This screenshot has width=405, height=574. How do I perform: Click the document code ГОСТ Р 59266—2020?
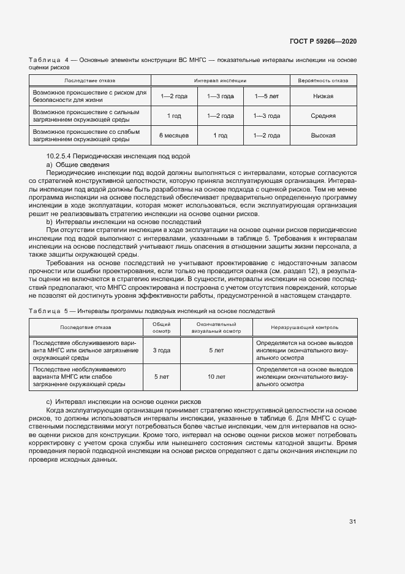[323, 41]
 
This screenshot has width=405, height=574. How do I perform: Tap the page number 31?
[352, 522]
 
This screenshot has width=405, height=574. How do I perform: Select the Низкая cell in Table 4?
[323, 96]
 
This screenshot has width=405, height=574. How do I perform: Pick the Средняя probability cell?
[323, 115]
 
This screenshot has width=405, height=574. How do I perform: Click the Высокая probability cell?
[323, 135]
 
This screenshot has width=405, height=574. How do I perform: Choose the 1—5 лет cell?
[266, 96]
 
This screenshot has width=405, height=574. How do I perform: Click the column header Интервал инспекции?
[220, 80]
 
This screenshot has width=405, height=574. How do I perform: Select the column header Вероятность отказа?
[323, 80]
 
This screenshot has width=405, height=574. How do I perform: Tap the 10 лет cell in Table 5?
[216, 376]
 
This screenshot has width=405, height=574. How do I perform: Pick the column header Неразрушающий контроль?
[305, 327]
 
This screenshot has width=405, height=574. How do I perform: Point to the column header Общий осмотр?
[162, 327]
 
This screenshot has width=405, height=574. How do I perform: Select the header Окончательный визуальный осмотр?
[216, 327]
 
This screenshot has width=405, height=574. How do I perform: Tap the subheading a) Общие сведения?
[78, 165]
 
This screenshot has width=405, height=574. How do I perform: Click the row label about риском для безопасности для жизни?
[89, 96]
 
